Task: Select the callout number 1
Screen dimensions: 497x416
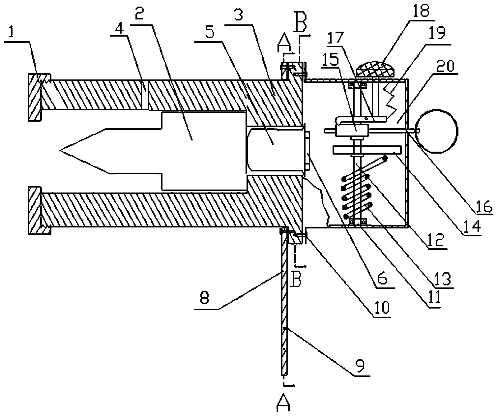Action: pos(11,33)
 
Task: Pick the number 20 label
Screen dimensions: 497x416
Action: pos(446,66)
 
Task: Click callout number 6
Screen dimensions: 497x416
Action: pos(382,279)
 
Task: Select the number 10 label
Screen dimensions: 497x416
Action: pos(382,308)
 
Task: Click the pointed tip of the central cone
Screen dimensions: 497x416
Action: pos(60,150)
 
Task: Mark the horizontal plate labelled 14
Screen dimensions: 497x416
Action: pos(367,150)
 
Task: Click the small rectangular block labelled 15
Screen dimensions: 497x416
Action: pos(352,131)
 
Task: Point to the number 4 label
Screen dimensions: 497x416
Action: pos(119,30)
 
